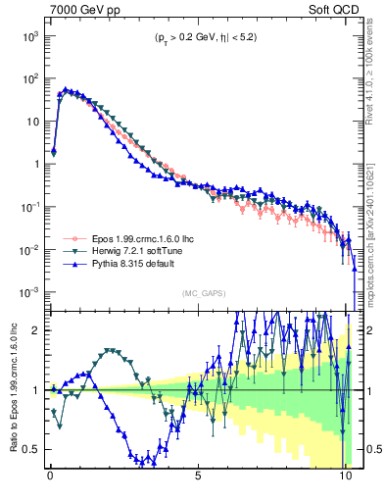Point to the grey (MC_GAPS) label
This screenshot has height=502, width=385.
pos(203,292)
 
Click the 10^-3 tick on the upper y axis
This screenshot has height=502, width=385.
pos(30,293)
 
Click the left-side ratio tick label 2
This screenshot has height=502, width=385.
pos(36,330)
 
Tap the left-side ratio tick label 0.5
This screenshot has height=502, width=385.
pos(31,449)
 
